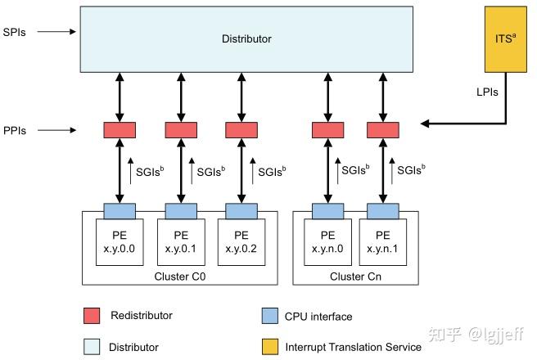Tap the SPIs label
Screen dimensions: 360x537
coord(15,32)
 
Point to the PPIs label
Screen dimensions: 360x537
coord(15,129)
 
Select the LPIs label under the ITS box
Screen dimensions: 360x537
coord(489,92)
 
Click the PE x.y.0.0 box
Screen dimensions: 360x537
coord(120,241)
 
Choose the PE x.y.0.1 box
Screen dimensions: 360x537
coord(181,241)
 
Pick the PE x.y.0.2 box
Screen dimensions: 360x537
coord(241,241)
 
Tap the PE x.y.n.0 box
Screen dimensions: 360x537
coord(327,241)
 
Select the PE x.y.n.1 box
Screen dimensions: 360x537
coord(383,241)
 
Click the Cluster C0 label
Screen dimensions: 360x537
coord(180,276)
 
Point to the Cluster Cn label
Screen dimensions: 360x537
coord(355,276)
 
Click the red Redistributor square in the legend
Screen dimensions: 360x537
coord(91,316)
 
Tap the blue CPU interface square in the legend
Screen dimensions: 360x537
coord(268,316)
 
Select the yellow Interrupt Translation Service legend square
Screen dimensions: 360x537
coord(268,346)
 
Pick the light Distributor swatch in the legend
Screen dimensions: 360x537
coord(91,346)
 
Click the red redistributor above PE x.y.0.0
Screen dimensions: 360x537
coord(120,129)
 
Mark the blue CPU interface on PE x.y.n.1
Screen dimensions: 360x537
coord(383,211)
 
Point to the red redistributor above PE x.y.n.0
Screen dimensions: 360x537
coord(327,129)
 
